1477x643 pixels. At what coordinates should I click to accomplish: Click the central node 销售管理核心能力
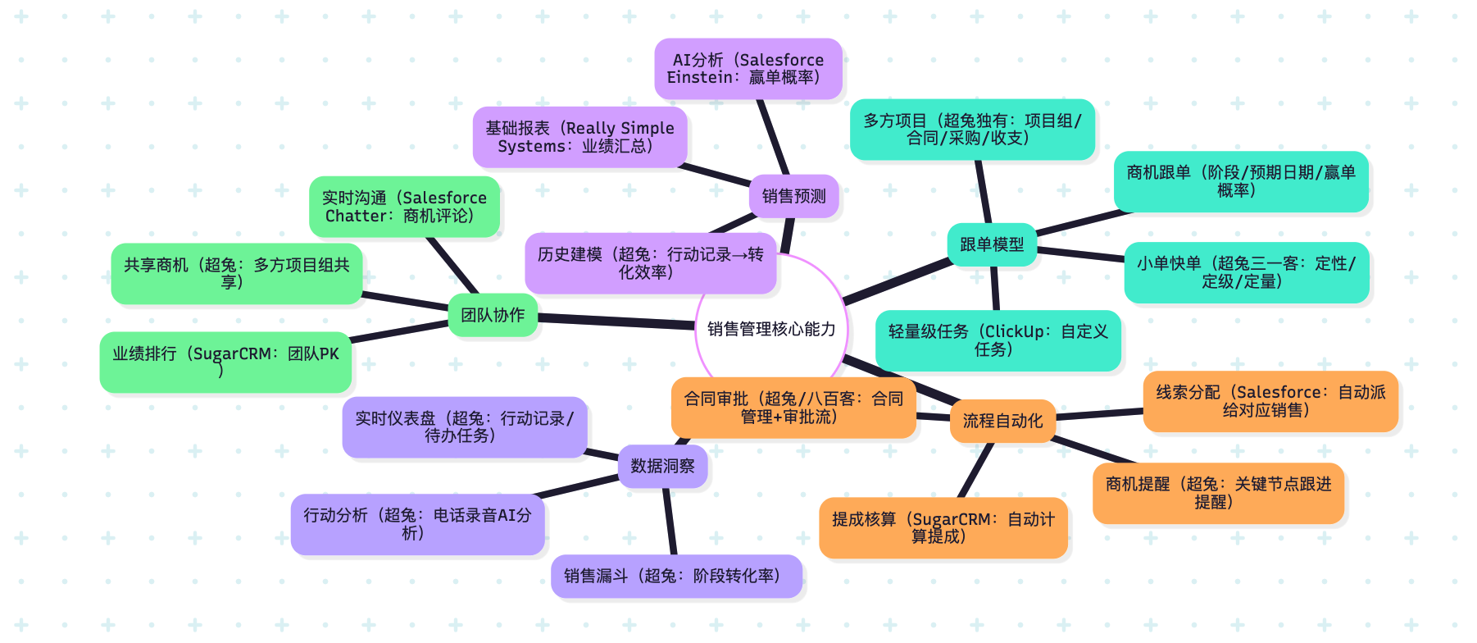771,330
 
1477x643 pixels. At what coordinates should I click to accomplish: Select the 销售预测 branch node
793,196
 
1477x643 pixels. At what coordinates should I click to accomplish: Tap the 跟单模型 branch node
992,244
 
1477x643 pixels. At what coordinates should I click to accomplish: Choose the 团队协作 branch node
493,315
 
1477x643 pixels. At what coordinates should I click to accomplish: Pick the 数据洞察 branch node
662,466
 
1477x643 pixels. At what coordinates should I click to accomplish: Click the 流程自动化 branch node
1002,421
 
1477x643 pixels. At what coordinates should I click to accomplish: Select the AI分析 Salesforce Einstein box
748,69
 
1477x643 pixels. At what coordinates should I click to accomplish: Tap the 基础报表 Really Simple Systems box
579,137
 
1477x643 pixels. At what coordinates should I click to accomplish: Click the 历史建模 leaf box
650,263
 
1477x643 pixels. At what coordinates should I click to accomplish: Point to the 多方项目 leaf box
972,130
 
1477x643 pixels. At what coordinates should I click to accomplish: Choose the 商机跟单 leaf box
1240,181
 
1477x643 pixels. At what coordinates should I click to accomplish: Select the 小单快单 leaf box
1246,272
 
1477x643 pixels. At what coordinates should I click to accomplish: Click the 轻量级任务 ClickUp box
998,340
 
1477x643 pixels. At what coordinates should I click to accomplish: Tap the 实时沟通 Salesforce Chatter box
404,207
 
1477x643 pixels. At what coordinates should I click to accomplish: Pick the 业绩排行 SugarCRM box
225,362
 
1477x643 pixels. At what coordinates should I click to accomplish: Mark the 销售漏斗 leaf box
676,576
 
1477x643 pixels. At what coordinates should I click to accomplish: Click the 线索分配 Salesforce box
1270,401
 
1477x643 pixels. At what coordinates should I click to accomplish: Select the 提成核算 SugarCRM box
943,527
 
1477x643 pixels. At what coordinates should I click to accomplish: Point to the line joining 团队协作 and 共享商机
406,300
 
